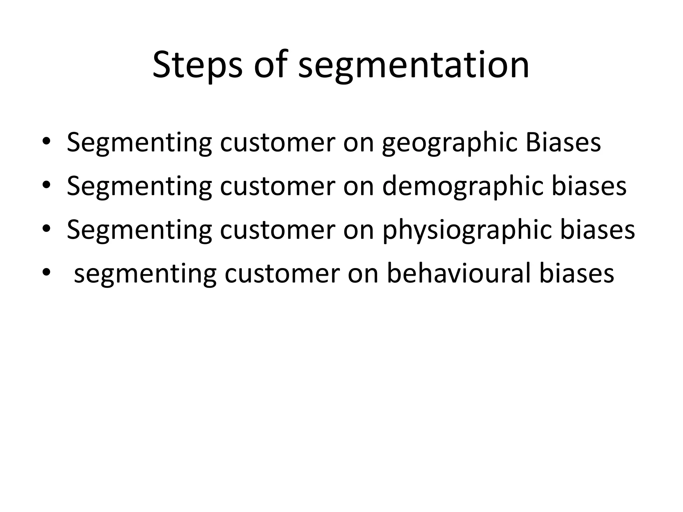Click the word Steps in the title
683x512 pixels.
[197, 64]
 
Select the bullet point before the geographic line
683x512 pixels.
[46, 143]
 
